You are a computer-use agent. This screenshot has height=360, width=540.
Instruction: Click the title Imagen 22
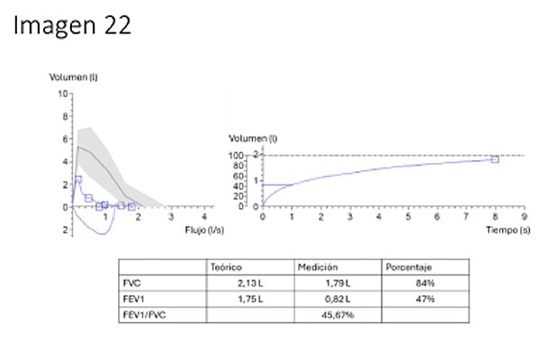pos(73,25)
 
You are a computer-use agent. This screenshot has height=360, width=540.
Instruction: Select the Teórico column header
pos(227,267)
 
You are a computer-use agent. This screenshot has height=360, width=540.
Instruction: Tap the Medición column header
pos(317,267)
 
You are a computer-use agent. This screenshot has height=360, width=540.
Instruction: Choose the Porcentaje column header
pos(409,267)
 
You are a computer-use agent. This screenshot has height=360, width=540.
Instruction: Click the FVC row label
pos(131,283)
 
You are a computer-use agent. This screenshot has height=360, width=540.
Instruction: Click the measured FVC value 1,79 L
pos(334,283)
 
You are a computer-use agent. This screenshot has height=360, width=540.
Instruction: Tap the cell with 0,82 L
pos(334,298)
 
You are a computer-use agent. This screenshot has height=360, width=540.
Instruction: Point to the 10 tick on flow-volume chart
pos(63,94)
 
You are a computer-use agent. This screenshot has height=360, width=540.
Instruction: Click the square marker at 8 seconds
pos(494,159)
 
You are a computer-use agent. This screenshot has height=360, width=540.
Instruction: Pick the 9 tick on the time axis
pos(523,216)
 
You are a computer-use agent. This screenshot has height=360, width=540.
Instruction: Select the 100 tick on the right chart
pos(238,156)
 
